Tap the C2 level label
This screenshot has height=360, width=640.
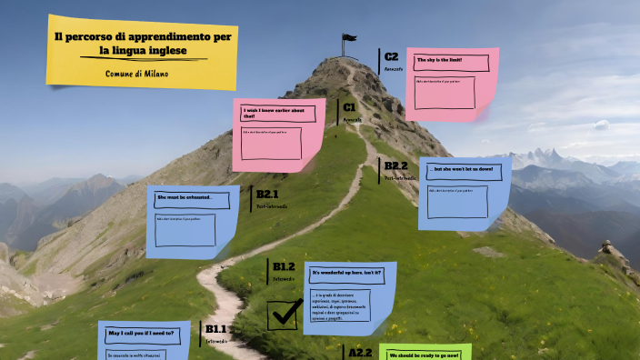pos(392,56)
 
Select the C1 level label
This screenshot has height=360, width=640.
pos(348,107)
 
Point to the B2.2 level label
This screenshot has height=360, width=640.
pos(395,165)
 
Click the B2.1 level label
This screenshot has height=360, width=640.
pos(267,194)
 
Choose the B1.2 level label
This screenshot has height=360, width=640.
pos(284,266)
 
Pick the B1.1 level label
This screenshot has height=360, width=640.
pos(215,328)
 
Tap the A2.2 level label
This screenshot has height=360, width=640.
pos(361,351)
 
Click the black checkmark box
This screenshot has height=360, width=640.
pos(285,314)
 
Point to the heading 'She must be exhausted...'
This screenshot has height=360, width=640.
pos(185,197)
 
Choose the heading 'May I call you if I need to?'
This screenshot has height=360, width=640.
pos(142,334)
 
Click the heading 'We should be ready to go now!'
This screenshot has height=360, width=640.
pos(424,355)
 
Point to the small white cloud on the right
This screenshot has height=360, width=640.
pos(600,125)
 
